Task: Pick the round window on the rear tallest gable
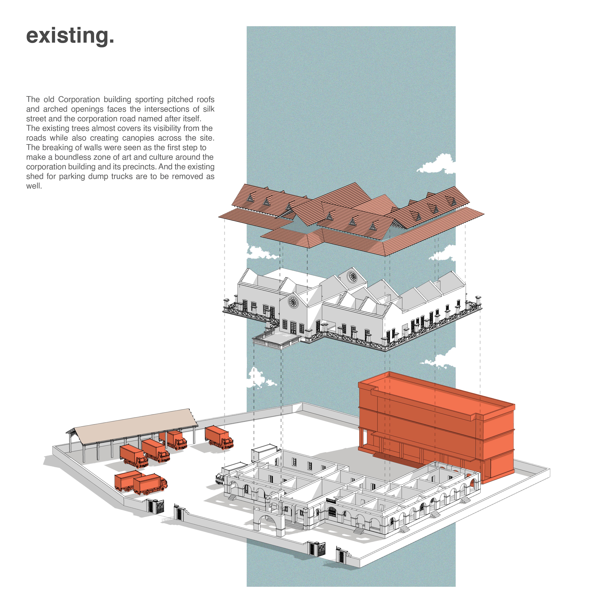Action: pos(352,276)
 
